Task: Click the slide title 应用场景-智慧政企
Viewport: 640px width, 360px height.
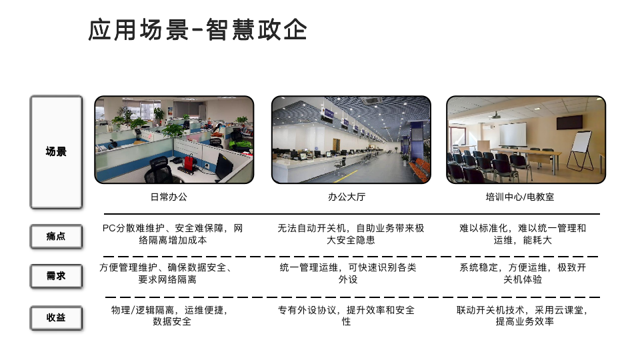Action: pos(197,29)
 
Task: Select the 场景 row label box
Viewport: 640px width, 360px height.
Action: pos(56,152)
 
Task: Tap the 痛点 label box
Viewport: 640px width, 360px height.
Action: pos(56,236)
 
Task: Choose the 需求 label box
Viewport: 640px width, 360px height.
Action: pos(56,276)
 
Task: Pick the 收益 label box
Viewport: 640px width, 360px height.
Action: pos(56,317)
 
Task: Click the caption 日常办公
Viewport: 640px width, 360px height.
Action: pos(169,197)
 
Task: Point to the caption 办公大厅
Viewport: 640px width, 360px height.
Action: pos(347,197)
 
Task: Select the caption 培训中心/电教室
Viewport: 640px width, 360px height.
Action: pos(519,197)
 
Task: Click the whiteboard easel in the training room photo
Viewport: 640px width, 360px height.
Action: pos(581,151)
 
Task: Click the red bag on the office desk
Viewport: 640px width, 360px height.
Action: pos(189,163)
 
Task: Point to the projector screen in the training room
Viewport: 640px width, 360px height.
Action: pos(513,135)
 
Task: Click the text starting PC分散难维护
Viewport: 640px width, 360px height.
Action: pos(173,234)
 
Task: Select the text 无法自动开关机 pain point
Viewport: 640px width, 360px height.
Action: pos(351,234)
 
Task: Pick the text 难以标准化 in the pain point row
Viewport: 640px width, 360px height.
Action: pos(523,234)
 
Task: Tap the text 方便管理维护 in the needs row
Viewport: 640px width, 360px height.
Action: pos(167,273)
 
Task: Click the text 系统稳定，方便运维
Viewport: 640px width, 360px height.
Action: pos(523,273)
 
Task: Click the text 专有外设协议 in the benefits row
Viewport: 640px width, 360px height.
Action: pos(346,316)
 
